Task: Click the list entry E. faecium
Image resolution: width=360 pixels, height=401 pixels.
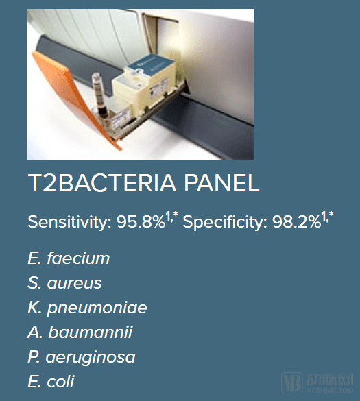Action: (x=69, y=258)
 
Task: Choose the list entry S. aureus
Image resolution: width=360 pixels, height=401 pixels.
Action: (x=64, y=283)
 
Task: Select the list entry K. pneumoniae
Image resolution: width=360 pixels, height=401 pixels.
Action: (x=87, y=308)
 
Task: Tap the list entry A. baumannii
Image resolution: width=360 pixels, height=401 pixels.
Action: (x=80, y=332)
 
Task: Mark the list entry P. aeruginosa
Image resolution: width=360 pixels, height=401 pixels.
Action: (x=81, y=357)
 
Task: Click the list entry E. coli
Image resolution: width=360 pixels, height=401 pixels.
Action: (x=51, y=382)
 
